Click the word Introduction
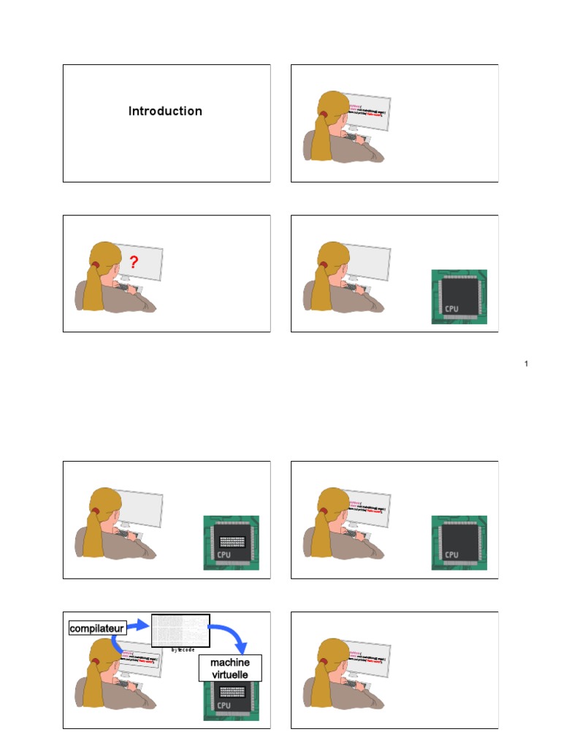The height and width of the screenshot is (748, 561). [165, 111]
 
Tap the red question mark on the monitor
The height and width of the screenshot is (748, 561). [134, 263]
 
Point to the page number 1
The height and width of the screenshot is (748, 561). [526, 364]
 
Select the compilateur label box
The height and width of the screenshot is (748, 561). [97, 628]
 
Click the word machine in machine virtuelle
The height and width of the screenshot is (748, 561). [230, 662]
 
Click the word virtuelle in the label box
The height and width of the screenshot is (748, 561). [230, 673]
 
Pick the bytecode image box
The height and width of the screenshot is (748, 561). [180, 630]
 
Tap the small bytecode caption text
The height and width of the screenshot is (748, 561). [183, 649]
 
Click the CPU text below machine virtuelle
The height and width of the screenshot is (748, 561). [224, 706]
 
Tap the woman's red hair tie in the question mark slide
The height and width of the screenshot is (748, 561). [96, 264]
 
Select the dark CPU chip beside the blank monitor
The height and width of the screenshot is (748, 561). [459, 296]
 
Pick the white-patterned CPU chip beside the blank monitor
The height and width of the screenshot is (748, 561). [231, 542]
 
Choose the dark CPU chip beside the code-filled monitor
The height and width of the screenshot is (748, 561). [459, 542]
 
